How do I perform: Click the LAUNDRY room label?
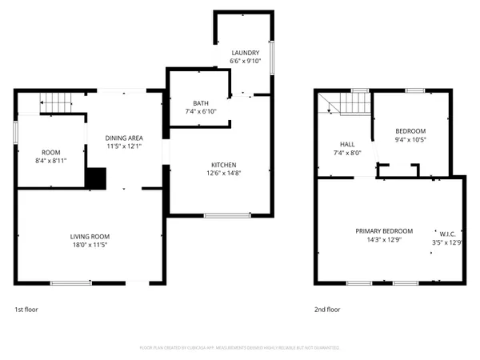[x=245, y=53]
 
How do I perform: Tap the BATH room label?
[x=200, y=103]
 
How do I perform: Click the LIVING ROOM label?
[x=89, y=236]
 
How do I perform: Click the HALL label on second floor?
[x=347, y=144]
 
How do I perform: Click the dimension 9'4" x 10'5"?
[x=410, y=139]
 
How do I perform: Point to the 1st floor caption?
[x=26, y=309]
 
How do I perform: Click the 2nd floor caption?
[x=327, y=309]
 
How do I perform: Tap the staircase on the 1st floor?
[x=56, y=102]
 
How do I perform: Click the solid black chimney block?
[x=97, y=178]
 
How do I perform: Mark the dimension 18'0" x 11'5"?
[x=89, y=245]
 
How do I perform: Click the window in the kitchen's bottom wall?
[x=222, y=215]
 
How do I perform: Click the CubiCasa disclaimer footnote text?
[x=240, y=348]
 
